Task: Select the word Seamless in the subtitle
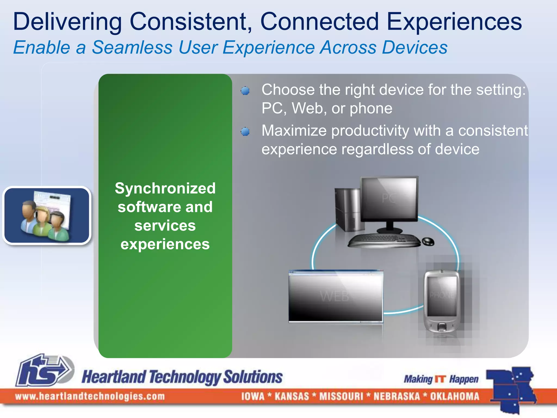(x=132, y=48)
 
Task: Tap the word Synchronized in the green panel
(x=165, y=188)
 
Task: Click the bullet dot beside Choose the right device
(x=245, y=91)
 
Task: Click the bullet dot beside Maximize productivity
(x=245, y=132)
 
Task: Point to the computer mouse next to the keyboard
(x=428, y=241)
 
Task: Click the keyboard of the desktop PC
(x=383, y=240)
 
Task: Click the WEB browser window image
(x=336, y=296)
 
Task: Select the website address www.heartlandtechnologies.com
(x=90, y=396)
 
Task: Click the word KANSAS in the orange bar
(x=292, y=396)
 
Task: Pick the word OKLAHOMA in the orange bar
(x=454, y=396)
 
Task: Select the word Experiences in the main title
(x=454, y=22)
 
